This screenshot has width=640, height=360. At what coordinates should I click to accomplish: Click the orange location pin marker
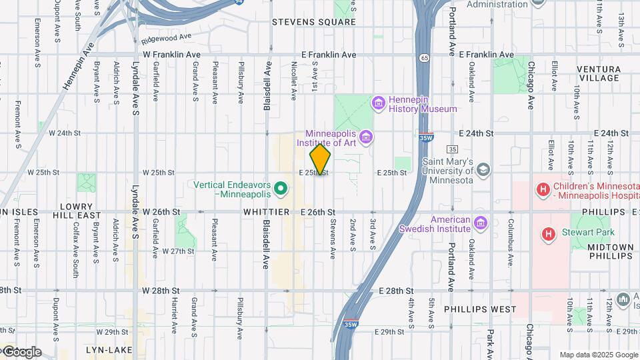click(x=320, y=159)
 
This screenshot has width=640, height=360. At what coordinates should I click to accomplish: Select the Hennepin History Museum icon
click(x=379, y=103)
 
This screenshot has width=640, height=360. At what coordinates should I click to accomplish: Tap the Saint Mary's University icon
click(x=483, y=169)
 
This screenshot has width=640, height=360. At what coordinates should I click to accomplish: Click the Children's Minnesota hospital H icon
click(x=543, y=190)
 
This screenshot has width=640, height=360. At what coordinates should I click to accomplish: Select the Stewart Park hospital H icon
click(x=549, y=234)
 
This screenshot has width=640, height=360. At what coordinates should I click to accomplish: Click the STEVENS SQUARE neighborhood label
click(x=314, y=22)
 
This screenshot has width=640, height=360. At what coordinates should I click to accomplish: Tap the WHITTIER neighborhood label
click(x=266, y=211)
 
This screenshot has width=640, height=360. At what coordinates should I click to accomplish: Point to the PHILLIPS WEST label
click(x=480, y=309)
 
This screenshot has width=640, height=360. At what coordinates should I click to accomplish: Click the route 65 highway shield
click(x=424, y=58)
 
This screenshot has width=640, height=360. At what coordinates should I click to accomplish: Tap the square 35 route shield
click(x=453, y=149)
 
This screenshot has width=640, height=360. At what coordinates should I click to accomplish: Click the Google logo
click(x=21, y=352)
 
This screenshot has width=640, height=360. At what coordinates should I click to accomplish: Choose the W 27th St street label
click(x=178, y=251)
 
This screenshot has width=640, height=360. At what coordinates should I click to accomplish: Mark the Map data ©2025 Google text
click(x=598, y=355)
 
